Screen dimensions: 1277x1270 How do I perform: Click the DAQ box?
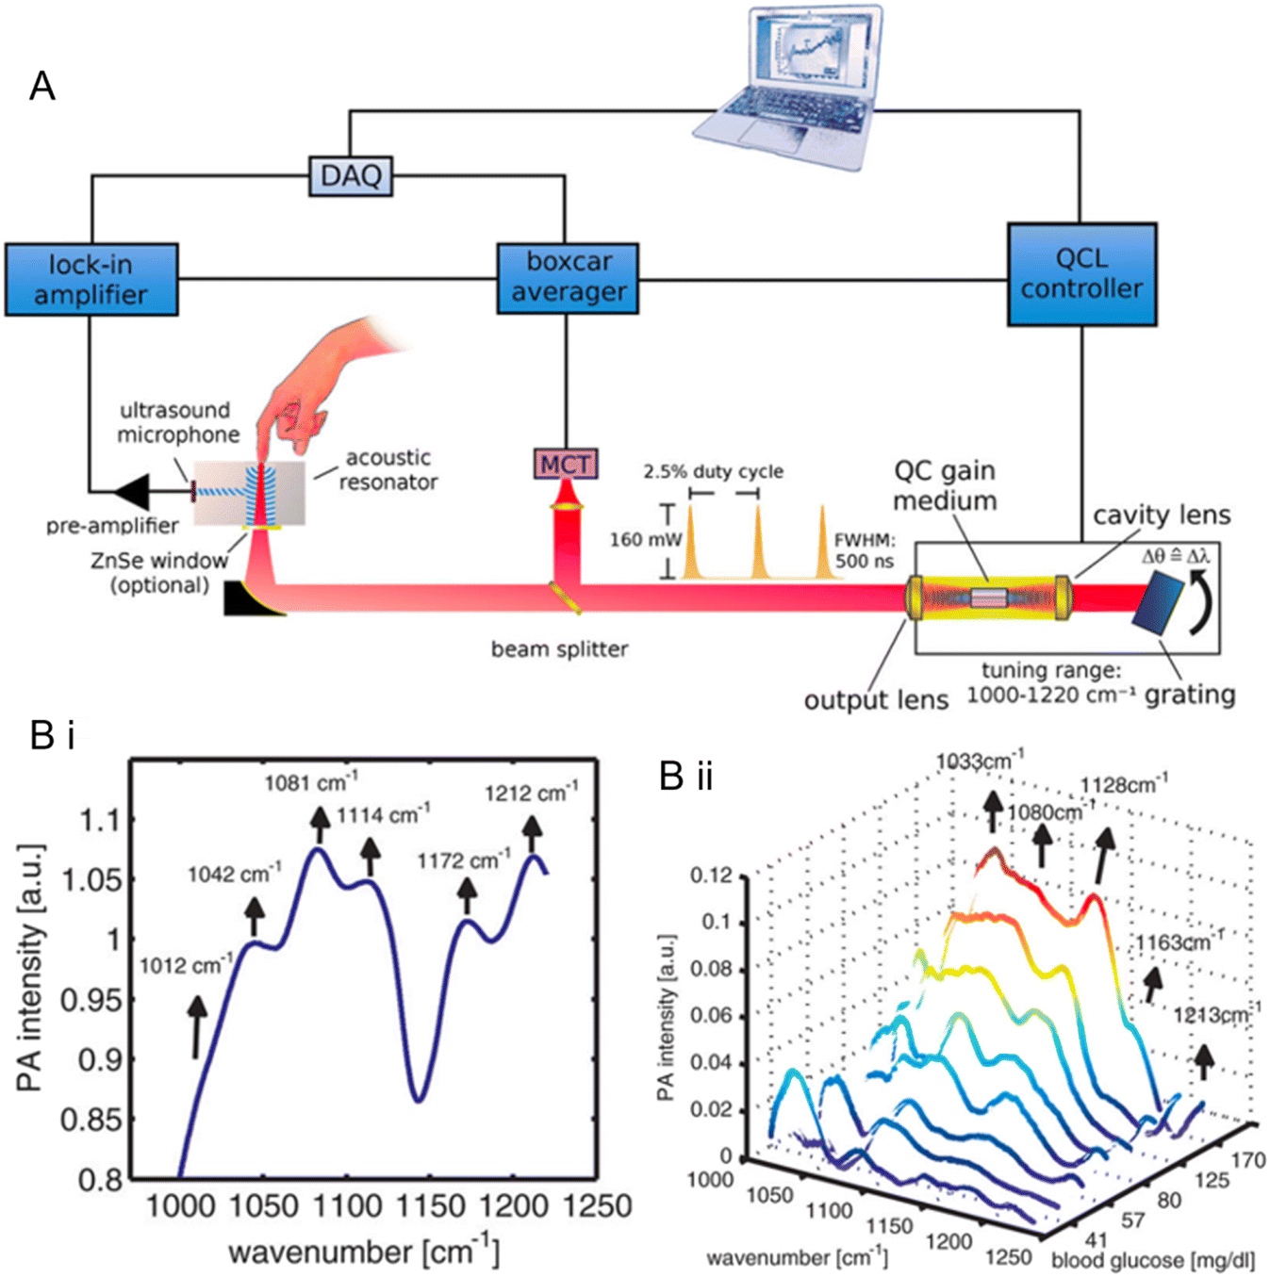click(351, 176)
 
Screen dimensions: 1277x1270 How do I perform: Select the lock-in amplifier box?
click(91, 279)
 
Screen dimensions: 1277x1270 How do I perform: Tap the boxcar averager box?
click(568, 278)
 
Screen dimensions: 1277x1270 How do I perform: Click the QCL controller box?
click(1081, 274)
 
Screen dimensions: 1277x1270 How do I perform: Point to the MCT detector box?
click(566, 464)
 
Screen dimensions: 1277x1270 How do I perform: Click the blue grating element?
click(1157, 603)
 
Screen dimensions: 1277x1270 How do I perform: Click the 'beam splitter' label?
click(559, 649)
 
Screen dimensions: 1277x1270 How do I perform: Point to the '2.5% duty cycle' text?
click(713, 471)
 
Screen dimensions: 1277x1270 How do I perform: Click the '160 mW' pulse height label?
click(645, 540)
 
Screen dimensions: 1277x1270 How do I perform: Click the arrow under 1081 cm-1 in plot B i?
click(320, 824)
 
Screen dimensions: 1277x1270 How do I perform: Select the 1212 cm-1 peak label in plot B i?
click(531, 794)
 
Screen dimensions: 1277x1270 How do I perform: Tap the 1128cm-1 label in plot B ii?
click(1124, 784)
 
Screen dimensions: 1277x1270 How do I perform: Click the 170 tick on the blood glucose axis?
click(1246, 1160)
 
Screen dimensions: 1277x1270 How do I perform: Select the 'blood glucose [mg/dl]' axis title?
click(1152, 1260)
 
